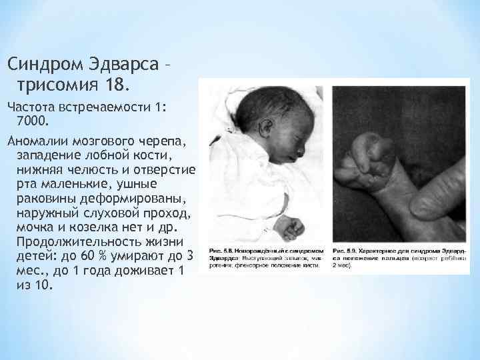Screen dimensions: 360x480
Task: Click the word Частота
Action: (31, 107)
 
